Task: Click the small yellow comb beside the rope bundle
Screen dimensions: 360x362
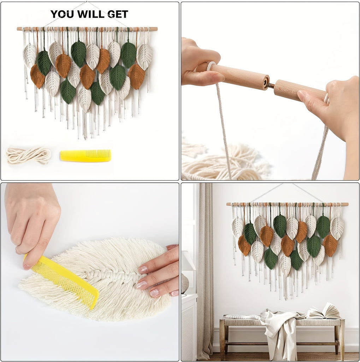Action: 85,156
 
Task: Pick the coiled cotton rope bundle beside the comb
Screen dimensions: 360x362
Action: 28,156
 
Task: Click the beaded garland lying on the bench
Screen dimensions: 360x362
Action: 243,317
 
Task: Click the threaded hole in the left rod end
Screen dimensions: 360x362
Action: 266,81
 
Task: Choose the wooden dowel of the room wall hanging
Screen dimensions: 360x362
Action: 287,204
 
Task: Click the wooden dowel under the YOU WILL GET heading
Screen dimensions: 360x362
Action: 87,29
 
